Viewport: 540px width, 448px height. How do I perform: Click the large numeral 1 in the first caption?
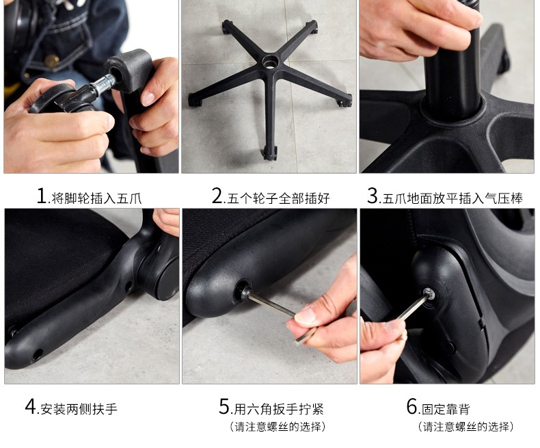(x=42, y=196)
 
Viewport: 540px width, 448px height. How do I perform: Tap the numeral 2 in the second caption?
(x=217, y=196)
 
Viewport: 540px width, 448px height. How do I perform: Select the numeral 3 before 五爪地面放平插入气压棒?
(x=373, y=196)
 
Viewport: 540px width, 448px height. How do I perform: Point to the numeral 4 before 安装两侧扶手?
(x=31, y=406)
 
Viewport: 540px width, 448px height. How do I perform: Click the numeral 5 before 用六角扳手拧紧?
(x=224, y=406)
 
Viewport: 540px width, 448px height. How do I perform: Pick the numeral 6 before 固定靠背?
(x=412, y=406)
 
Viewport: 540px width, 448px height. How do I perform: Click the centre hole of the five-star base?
(x=269, y=62)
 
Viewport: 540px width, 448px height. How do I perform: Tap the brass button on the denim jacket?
(x=52, y=61)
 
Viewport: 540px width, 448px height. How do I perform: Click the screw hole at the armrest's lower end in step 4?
(x=37, y=354)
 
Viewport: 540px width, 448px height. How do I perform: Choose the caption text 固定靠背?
(x=446, y=409)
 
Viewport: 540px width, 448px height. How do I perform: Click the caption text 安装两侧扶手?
(x=79, y=409)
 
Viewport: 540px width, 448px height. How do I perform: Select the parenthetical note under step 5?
(x=278, y=427)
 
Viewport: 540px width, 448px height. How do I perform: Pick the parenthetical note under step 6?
(x=465, y=427)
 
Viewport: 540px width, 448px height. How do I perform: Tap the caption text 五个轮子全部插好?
(x=278, y=198)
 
